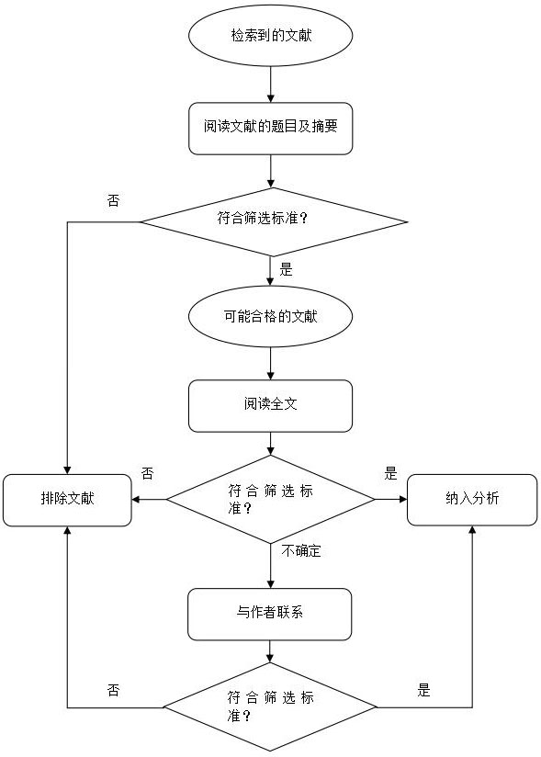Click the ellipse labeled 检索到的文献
coord(270,38)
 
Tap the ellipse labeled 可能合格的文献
coord(270,316)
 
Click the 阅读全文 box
coord(270,405)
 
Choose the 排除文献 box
coord(66,500)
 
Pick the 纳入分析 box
coord(472,500)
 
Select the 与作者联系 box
coord(270,614)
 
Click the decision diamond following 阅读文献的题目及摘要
coord(272,221)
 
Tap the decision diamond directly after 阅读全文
coord(270,500)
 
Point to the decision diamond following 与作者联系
coord(270,706)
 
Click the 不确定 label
coord(301,552)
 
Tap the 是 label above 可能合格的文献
coord(286,270)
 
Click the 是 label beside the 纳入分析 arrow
coord(390,474)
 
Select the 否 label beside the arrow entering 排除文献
coord(147,474)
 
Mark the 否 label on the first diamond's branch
coord(113,200)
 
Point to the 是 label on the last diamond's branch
coord(423,690)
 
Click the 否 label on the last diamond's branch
coord(113,690)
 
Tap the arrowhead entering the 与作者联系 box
coord(270,582)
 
